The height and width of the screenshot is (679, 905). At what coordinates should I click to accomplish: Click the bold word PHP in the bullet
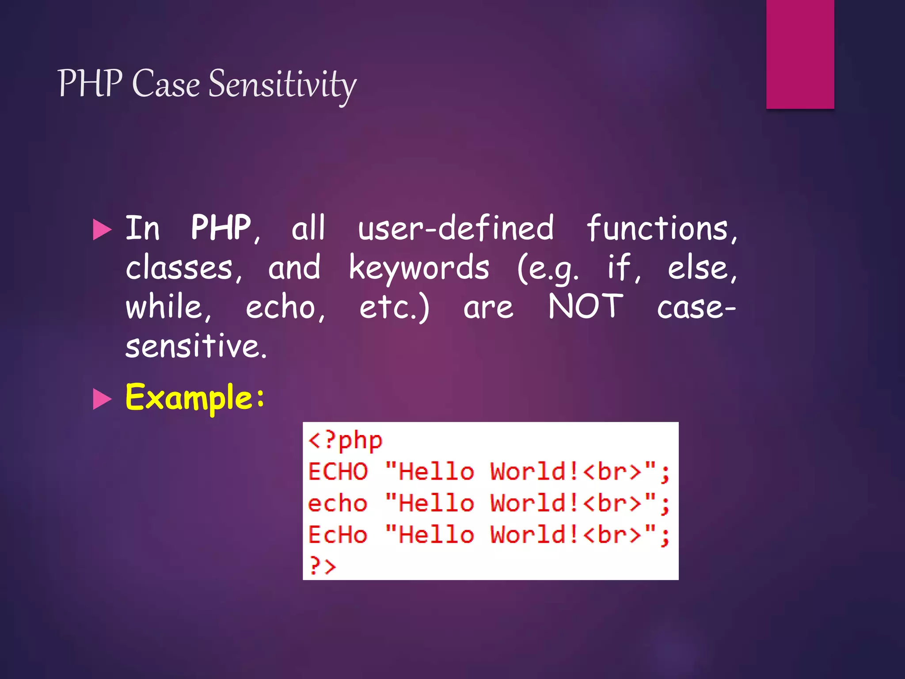click(x=221, y=228)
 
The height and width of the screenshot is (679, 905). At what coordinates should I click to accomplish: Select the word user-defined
click(x=455, y=228)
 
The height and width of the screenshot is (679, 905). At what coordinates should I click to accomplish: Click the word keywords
click(x=419, y=268)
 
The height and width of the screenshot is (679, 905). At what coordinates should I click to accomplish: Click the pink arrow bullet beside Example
click(x=103, y=399)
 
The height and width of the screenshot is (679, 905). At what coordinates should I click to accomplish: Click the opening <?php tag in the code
click(x=345, y=440)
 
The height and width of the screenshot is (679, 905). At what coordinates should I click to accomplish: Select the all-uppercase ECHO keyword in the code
click(x=338, y=472)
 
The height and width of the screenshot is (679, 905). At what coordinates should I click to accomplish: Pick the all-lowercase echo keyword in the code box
click(x=338, y=504)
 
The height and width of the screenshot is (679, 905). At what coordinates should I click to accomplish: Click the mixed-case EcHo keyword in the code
click(x=338, y=535)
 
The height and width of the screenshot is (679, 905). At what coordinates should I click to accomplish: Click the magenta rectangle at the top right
click(x=800, y=54)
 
